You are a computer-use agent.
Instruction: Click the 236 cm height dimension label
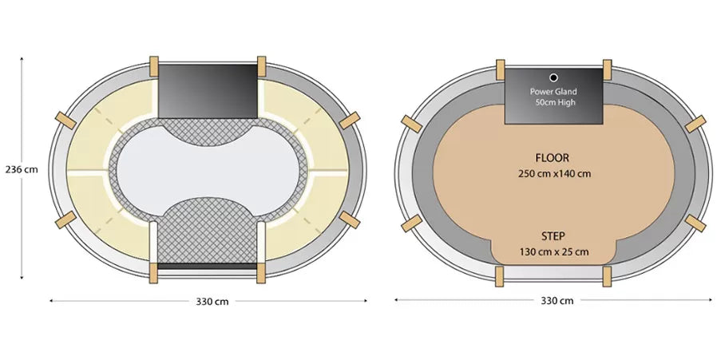pos(22,169)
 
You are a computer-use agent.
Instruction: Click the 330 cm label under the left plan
pos(212,302)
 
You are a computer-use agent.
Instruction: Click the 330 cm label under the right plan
pos(557,301)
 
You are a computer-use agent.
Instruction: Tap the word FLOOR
pos(552,158)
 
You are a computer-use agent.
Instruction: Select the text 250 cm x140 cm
pos(555,174)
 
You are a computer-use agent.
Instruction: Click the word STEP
pos(553,236)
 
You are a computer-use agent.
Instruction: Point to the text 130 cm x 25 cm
pos(554,252)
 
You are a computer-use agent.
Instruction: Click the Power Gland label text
pos(553,92)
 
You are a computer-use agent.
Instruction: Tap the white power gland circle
pos(553,77)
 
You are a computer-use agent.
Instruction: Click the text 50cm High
pos(555,102)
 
